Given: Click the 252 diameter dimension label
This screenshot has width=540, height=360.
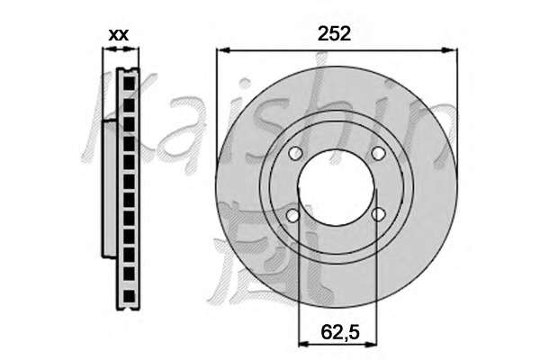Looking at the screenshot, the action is coord(334,34).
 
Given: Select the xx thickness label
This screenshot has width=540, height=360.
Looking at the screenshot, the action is coord(119,35).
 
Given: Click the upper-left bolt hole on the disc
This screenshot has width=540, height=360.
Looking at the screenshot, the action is coord(295,153).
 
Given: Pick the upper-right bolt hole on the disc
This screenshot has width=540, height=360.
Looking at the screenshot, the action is coord(378,153).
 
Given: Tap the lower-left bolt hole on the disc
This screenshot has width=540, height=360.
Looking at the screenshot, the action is coord(293,216).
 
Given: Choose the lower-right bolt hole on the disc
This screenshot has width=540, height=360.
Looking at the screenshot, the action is coord(378,215).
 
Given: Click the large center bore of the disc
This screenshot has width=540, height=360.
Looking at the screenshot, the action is coord(336,187).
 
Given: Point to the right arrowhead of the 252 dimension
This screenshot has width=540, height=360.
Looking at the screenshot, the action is coord(450,50).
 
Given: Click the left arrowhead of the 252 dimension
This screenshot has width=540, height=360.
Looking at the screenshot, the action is coord(224,50).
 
